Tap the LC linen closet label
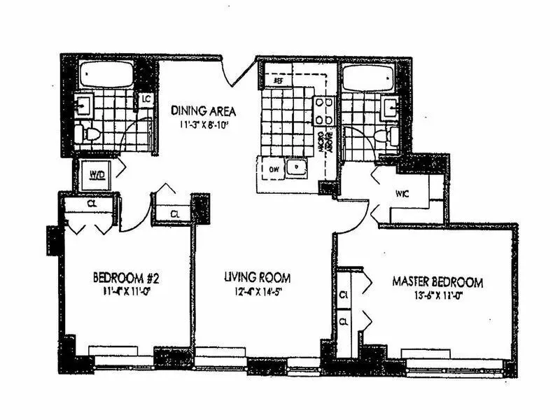146,99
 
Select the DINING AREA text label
203,111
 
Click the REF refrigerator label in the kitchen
277,81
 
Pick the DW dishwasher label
272,168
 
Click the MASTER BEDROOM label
437,283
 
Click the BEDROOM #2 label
123,276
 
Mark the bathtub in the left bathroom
106,74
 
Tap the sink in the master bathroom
390,108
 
